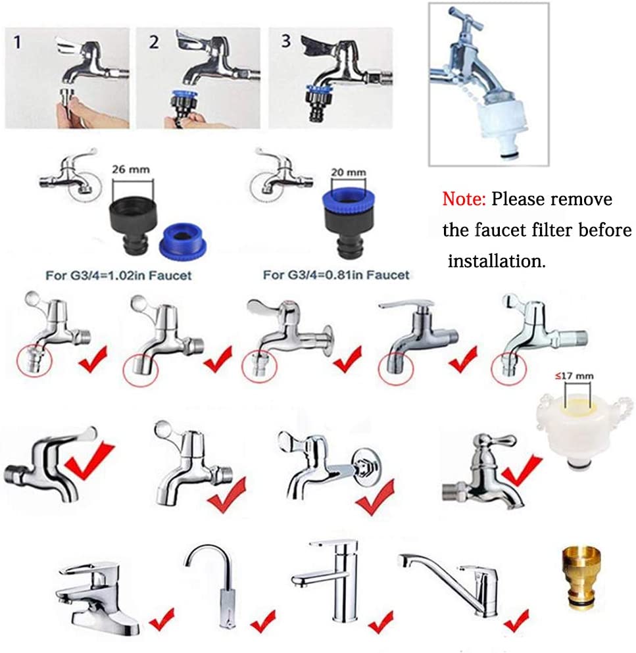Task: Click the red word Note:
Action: click(x=464, y=199)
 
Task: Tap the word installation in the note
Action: click(x=497, y=260)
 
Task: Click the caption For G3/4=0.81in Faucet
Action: click(x=336, y=275)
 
